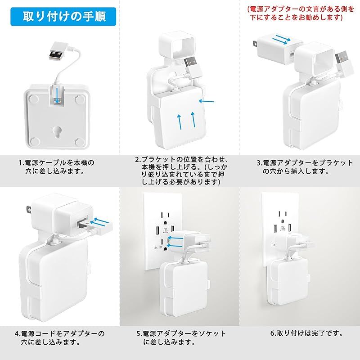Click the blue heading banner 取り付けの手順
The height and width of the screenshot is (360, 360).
tap(63, 17)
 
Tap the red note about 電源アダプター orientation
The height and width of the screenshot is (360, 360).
tap(301, 13)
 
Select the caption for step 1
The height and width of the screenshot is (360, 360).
tap(57, 167)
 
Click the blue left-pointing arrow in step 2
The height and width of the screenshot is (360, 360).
tap(206, 101)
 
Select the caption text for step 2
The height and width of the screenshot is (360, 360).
tap(181, 171)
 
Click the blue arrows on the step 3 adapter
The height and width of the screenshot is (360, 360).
tap(282, 40)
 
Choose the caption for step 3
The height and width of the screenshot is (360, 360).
tap(305, 167)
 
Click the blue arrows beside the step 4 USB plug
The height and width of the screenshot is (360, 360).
tap(100, 221)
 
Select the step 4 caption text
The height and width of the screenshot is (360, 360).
tap(59, 338)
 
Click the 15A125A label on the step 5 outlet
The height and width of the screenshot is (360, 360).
tap(158, 248)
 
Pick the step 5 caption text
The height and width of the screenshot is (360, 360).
tap(181, 338)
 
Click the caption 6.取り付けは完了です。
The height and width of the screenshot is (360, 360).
tap(306, 333)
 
